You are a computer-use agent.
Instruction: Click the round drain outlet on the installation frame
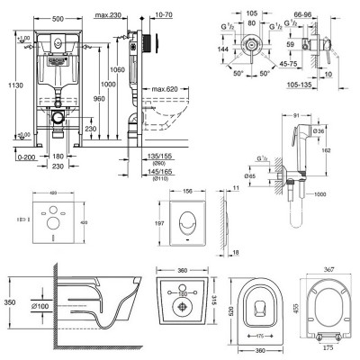point(56,116)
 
